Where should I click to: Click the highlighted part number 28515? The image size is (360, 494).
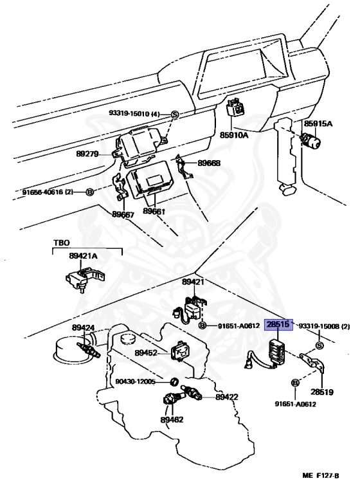(x=278, y=324)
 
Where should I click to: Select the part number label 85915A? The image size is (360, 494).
(x=318, y=123)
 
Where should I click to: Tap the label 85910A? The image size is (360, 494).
(x=234, y=135)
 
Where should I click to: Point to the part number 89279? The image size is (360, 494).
(x=87, y=154)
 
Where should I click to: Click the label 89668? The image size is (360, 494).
(x=209, y=163)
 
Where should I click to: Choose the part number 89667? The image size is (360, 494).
(x=123, y=215)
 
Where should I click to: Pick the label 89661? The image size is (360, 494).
(x=154, y=211)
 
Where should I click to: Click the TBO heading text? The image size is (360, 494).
(x=62, y=243)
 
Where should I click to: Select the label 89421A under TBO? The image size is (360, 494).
(x=83, y=256)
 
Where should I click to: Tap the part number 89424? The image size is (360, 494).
(x=83, y=327)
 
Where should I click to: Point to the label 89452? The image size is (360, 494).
(x=146, y=353)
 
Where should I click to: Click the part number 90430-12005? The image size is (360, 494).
(x=136, y=382)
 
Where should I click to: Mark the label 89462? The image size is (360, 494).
(x=172, y=419)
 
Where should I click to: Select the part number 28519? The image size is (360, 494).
(x=322, y=392)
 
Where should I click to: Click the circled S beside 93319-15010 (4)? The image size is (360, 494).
(x=175, y=114)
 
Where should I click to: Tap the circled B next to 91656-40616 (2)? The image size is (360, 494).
(x=90, y=192)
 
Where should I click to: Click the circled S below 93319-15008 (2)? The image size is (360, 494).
(x=319, y=345)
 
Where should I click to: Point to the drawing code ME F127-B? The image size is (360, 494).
(x=321, y=476)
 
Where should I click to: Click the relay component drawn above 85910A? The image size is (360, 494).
(x=236, y=108)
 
